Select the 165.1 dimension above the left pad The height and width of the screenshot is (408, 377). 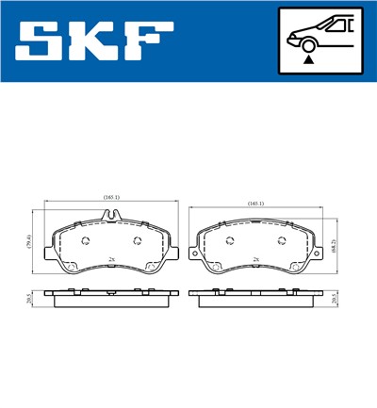coord(112,197)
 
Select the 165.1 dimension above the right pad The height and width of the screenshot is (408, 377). coord(255,203)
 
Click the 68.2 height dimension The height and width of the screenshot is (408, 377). coord(336,248)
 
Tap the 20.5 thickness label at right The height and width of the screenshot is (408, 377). coord(336,300)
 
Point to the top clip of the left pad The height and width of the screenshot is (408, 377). coord(112,219)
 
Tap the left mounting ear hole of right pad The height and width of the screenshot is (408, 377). coord(195,254)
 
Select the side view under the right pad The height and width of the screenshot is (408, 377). coord(257,300)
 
